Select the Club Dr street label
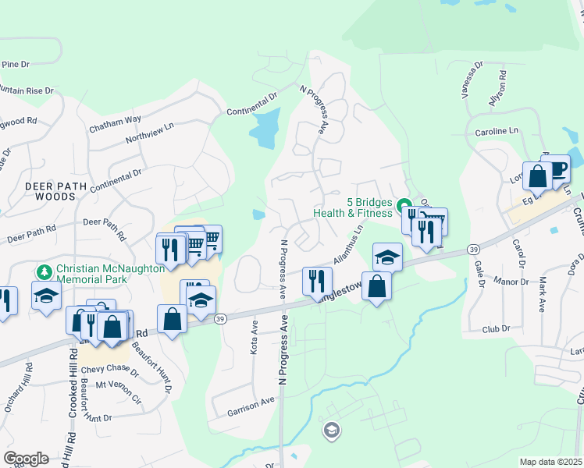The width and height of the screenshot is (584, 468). (x=495, y=328)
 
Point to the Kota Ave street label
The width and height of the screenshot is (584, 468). (x=254, y=336)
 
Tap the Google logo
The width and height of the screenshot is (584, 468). (x=26, y=459)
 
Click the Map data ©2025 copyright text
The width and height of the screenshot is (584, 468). (x=550, y=462)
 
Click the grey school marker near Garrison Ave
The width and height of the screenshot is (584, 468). (x=332, y=431)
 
